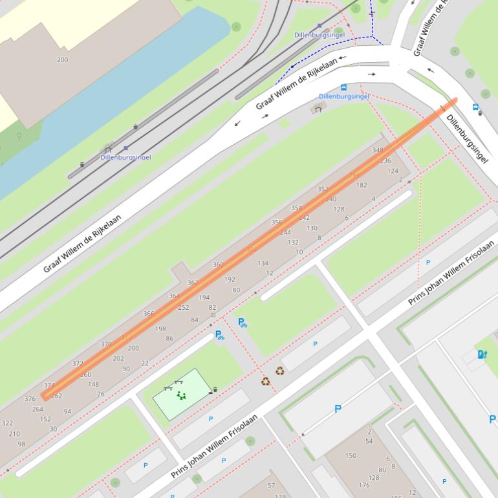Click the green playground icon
[x=181, y=395]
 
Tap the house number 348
[x=378, y=150]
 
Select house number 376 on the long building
[x=30, y=399]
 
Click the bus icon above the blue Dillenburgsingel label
[x=343, y=87]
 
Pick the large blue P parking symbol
[x=338, y=409]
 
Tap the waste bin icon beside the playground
[x=215, y=389]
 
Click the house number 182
[x=362, y=185]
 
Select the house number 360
[x=218, y=264]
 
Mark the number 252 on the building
[x=184, y=308]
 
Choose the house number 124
[x=393, y=171]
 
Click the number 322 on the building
[x=7, y=423]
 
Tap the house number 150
[x=351, y=455]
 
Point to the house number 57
[x=271, y=485]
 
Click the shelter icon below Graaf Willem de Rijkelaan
[x=317, y=109]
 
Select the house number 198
[x=160, y=329]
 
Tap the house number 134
[x=263, y=263]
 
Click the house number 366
[x=149, y=314]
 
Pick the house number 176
[x=364, y=485]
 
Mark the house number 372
[x=78, y=363]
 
